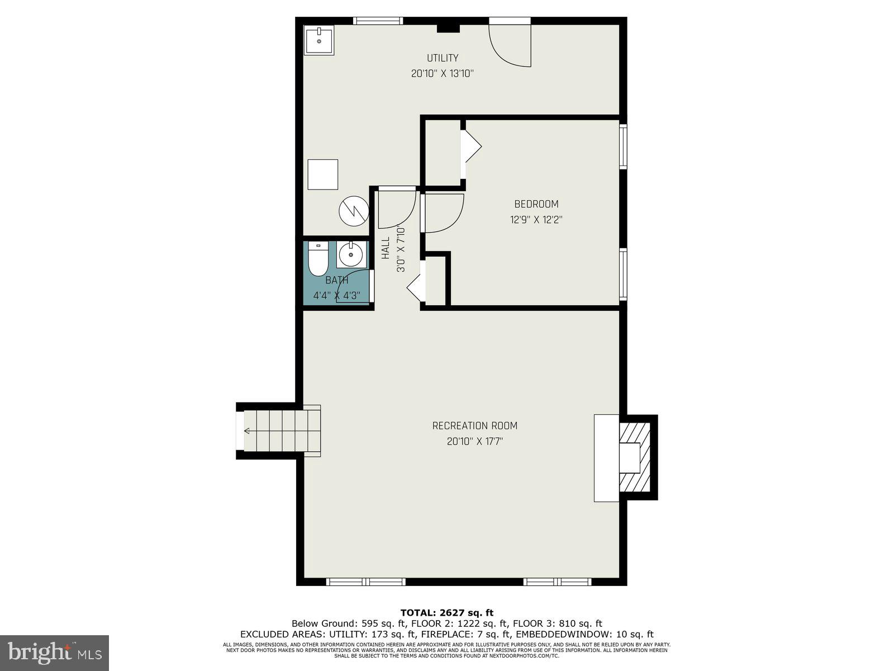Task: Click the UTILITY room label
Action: tap(443, 58)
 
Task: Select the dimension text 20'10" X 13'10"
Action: tap(443, 73)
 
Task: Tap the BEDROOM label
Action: tap(536, 204)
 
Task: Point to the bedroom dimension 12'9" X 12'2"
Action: tap(536, 220)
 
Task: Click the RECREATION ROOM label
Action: tap(474, 426)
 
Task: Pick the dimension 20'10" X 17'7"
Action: tap(474, 441)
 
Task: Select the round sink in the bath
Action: tap(351, 255)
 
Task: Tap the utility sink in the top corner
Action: tap(319, 40)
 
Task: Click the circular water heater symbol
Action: tap(354, 211)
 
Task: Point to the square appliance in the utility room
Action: tap(322, 174)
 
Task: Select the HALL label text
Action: tap(386, 248)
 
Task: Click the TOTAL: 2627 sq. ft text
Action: tap(446, 613)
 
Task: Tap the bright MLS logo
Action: tap(54, 652)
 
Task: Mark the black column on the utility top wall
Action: tap(448, 28)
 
